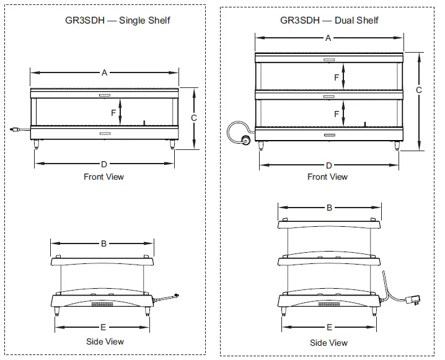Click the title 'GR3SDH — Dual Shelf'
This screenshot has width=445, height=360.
tap(328, 20)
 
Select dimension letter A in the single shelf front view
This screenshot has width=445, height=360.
tap(104, 73)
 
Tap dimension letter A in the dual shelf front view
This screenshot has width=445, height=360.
tap(328, 38)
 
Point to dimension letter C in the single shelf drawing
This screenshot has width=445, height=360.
tap(194, 117)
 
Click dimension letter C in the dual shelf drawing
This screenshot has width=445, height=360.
tap(419, 90)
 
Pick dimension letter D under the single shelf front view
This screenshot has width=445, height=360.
tap(104, 164)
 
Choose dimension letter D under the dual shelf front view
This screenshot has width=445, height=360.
tap(328, 165)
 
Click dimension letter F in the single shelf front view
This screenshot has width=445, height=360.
tap(113, 113)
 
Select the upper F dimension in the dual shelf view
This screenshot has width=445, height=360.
tap(337, 78)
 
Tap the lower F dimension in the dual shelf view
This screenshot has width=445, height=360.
tap(337, 114)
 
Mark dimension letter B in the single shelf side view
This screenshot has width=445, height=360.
tap(104, 244)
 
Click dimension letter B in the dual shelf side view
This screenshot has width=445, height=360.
tap(329, 208)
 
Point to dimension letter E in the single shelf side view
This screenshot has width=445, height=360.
tap(104, 327)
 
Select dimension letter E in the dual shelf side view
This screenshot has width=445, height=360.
tap(329, 327)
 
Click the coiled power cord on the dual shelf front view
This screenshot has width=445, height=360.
tap(238, 132)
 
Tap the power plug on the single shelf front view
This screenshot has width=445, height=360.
tap(15, 130)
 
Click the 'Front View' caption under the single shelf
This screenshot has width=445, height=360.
tap(104, 177)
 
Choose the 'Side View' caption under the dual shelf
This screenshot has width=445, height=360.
tap(328, 343)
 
